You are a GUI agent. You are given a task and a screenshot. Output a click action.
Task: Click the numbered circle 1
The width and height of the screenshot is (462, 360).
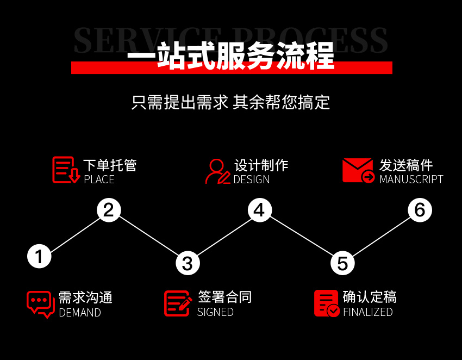click(39, 256)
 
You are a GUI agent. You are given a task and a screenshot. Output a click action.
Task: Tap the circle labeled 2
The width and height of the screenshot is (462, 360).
click(109, 210)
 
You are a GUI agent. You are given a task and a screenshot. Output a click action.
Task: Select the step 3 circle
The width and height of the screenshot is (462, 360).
click(188, 263)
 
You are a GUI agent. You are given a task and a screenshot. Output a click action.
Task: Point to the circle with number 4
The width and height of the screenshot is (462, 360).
click(260, 210)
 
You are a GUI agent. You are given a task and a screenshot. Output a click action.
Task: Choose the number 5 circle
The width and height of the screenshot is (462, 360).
click(342, 263)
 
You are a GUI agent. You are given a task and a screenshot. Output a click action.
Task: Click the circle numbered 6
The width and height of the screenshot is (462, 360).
click(420, 210)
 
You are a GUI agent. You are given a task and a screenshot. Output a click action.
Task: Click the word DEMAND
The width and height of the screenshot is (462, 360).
click(80, 313)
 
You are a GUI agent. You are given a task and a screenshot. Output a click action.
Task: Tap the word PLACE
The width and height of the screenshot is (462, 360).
click(99, 179)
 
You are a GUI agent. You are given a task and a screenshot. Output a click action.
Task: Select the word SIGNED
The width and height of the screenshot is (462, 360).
click(215, 312)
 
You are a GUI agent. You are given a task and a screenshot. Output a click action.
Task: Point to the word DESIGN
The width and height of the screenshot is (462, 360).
click(251, 179)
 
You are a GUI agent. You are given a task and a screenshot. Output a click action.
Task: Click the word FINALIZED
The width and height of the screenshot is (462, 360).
click(368, 312)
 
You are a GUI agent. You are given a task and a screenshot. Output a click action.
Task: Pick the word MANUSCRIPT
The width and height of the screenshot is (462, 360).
click(411, 179)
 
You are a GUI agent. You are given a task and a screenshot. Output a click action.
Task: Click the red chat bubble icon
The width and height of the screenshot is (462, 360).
click(41, 305)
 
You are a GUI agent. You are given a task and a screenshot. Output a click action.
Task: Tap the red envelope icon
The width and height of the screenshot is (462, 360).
click(358, 170)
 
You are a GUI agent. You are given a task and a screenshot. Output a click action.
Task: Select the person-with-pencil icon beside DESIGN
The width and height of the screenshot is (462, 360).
click(217, 171)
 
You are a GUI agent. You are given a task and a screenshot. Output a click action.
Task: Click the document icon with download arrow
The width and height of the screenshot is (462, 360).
click(66, 170)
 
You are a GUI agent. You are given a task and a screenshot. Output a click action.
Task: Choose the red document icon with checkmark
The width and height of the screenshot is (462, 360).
click(327, 303)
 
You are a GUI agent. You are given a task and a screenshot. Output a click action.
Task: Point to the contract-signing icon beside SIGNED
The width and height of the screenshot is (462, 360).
click(178, 303)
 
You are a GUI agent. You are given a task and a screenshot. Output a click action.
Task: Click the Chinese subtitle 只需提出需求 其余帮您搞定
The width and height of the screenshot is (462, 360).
click(230, 102)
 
